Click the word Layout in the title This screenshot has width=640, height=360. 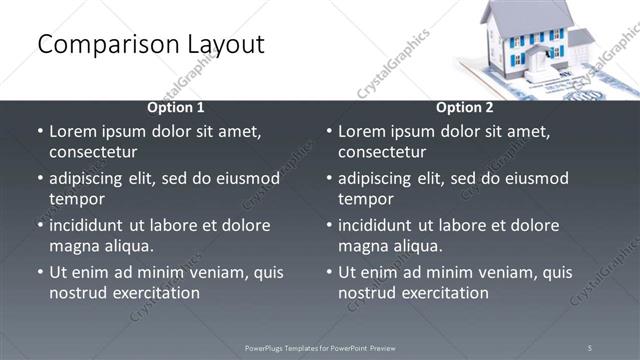pos(224,45)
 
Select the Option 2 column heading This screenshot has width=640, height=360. pos(465,107)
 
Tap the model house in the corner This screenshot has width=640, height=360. pos(536,40)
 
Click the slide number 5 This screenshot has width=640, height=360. pos(590,347)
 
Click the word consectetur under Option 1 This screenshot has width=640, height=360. pos(93,152)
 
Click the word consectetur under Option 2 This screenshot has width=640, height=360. pos(382,152)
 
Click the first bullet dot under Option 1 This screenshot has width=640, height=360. pos(40,131)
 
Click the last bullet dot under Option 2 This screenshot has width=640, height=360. pos(329,272)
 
